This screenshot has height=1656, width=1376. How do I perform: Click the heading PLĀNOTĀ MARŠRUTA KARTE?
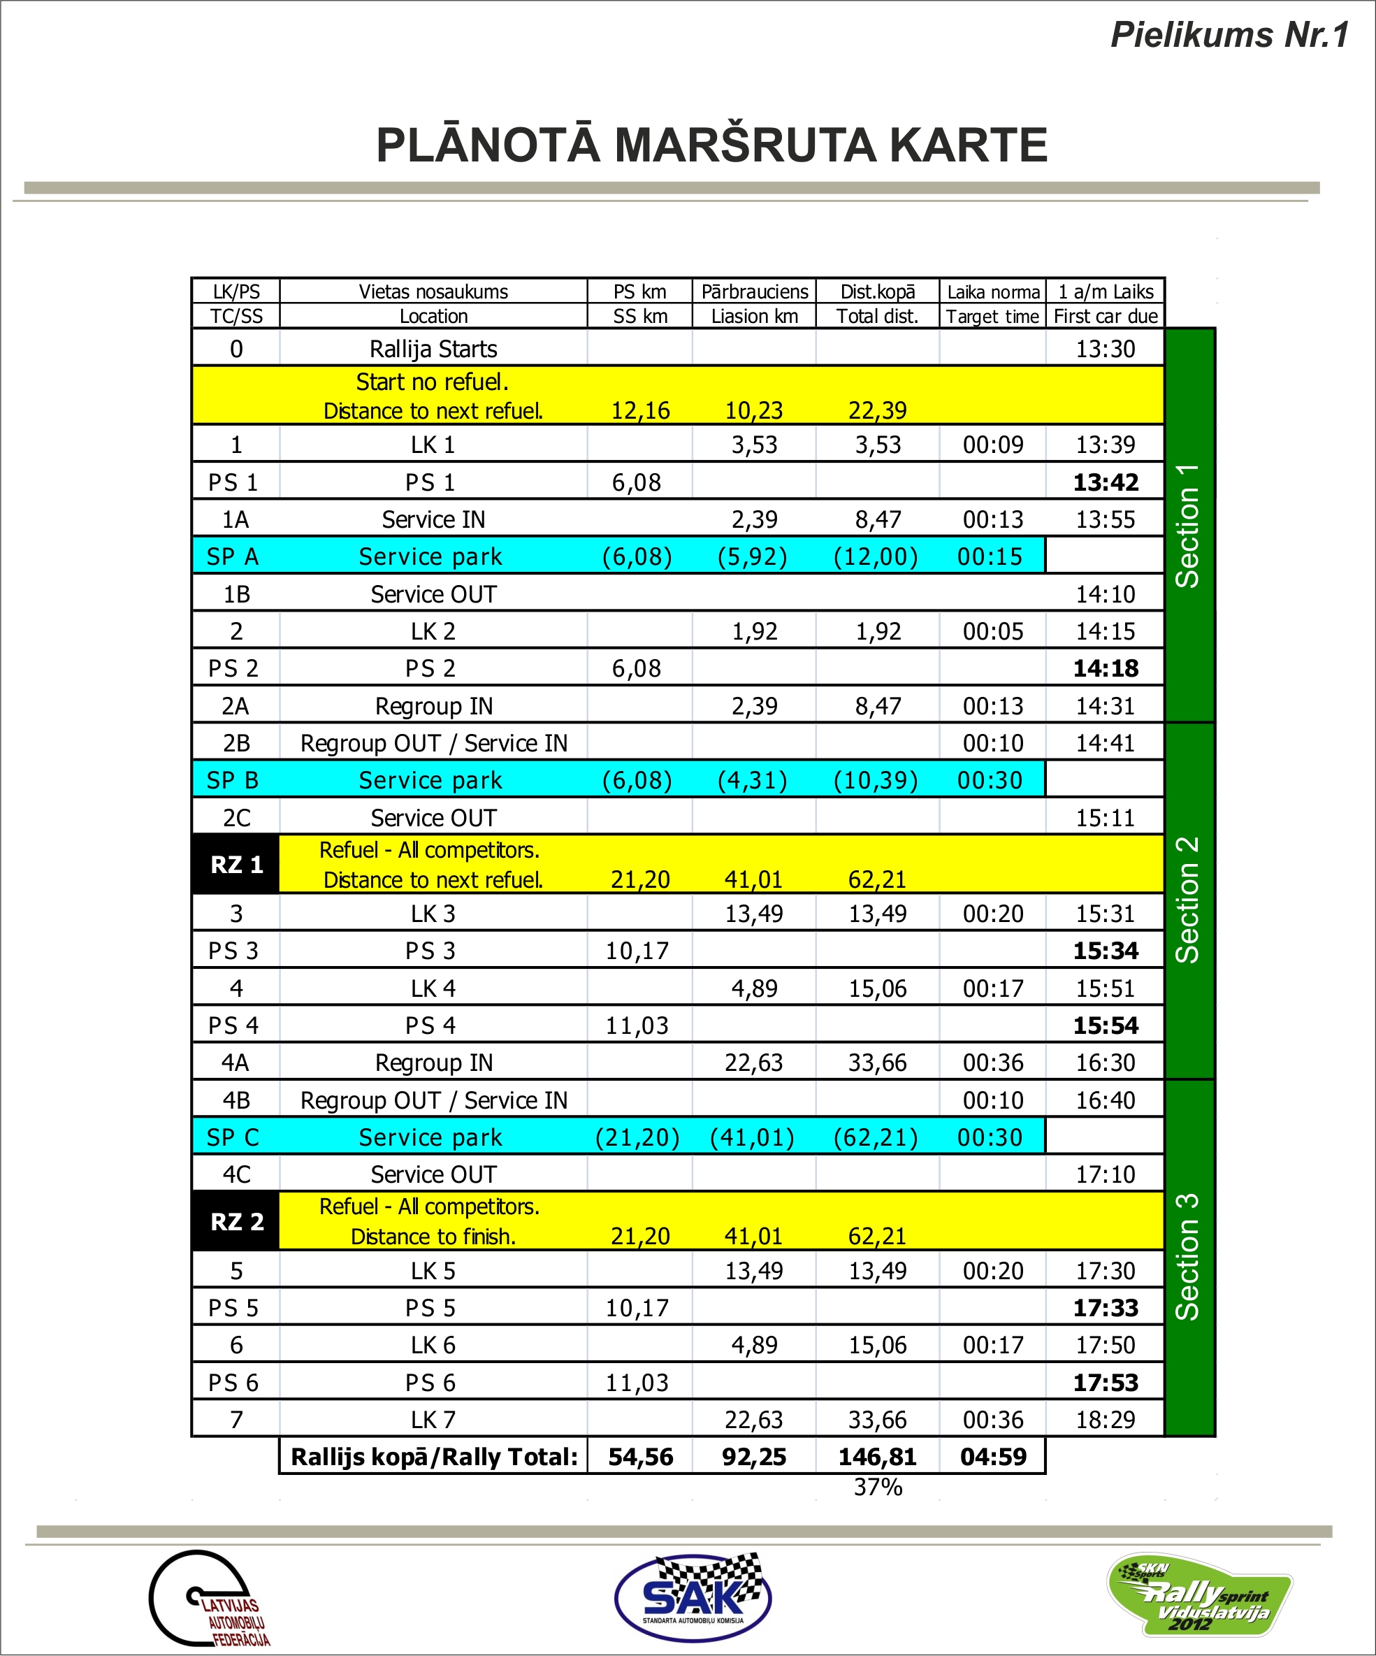(711, 146)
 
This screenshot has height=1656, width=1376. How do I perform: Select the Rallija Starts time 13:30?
(1106, 350)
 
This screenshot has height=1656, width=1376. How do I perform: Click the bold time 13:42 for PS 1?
(1106, 482)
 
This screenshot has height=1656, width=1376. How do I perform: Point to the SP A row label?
(233, 556)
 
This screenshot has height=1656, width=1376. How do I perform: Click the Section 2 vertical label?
(1187, 900)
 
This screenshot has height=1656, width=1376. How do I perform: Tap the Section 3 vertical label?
(1187, 1257)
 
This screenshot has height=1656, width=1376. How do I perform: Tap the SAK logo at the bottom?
(693, 1597)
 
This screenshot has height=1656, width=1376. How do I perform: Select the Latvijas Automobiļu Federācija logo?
(209, 1599)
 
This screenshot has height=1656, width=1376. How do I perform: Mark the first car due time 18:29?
(1106, 1420)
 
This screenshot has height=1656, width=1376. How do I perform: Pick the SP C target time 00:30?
(990, 1138)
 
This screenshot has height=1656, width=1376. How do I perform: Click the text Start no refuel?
(432, 382)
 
